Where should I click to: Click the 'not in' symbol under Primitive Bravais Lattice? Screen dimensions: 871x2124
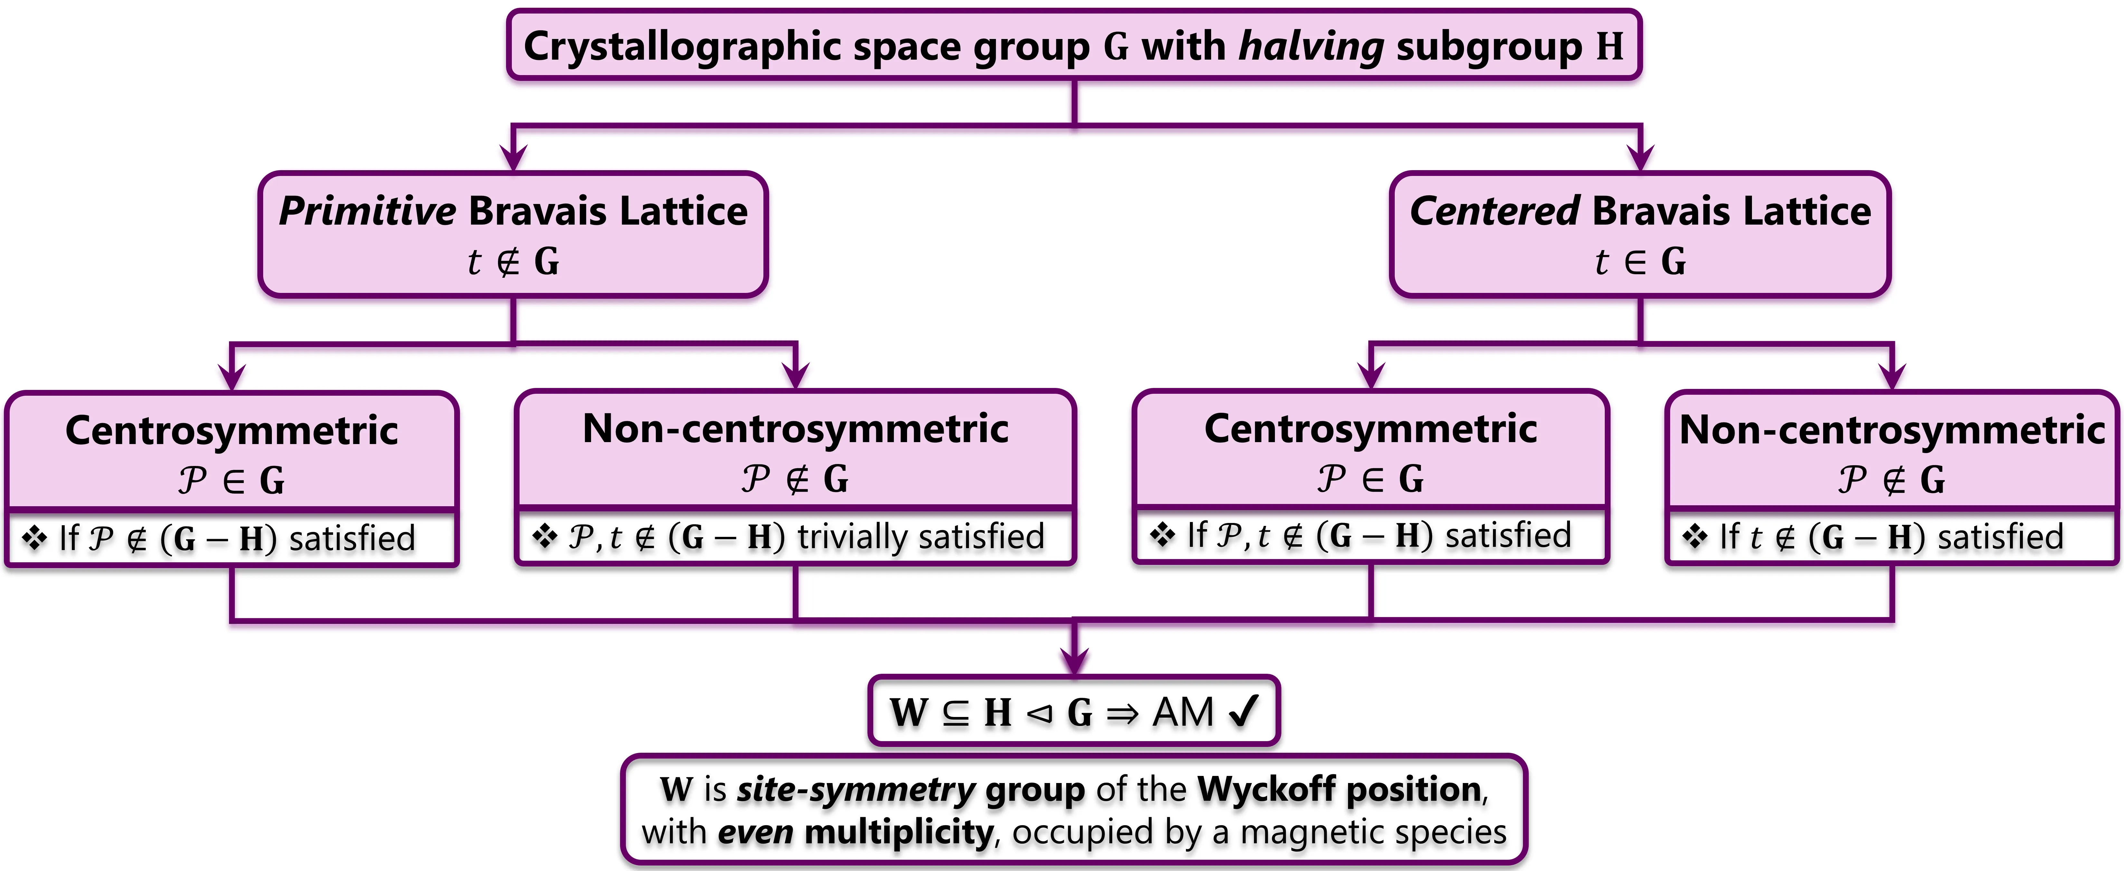coord(509,262)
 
